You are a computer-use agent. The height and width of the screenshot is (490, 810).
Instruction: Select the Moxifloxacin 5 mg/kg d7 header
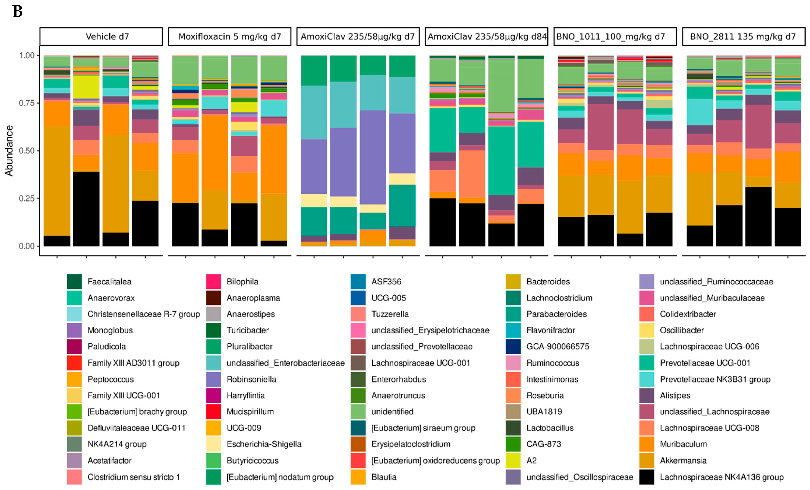pyautogui.click(x=229, y=37)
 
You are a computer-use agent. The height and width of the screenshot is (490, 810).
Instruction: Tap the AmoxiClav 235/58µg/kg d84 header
pyautogui.click(x=486, y=37)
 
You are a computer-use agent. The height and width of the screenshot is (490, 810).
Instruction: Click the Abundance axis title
pyautogui.click(x=9, y=151)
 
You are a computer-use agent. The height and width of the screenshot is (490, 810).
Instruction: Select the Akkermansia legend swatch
pyautogui.click(x=646, y=460)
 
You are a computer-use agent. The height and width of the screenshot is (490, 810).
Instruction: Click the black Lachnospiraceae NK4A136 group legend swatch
pyautogui.click(x=646, y=477)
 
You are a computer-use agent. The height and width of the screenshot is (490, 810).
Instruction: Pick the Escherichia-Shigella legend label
pyautogui.click(x=264, y=444)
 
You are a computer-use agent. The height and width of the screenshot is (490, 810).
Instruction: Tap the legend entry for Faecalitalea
pyautogui.click(x=109, y=282)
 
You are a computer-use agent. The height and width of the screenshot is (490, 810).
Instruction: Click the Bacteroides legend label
pyautogui.click(x=548, y=282)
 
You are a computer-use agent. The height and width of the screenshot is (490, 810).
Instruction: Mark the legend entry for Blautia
pyautogui.click(x=384, y=477)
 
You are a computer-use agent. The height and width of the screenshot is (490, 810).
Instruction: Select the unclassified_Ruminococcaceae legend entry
pyautogui.click(x=716, y=282)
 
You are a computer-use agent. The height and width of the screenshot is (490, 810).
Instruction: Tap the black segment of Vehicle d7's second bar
pyautogui.click(x=86, y=209)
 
